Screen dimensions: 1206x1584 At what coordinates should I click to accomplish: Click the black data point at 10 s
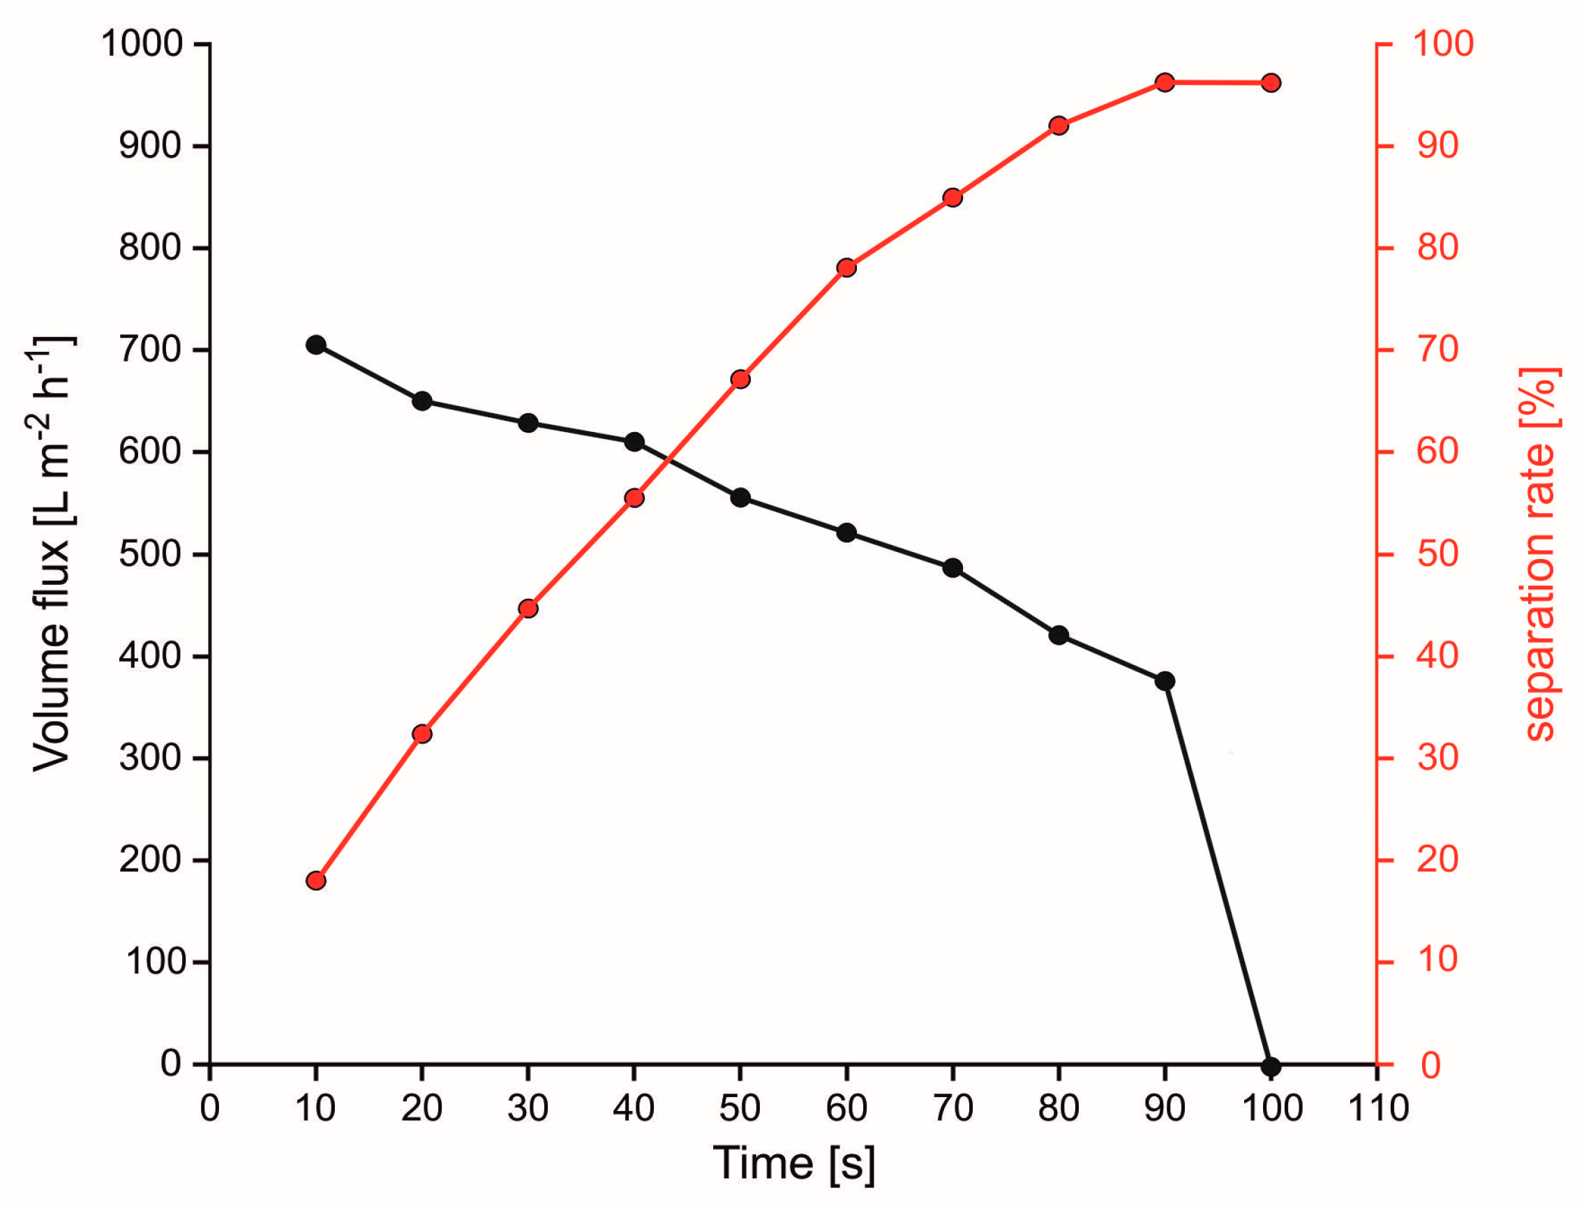click(316, 345)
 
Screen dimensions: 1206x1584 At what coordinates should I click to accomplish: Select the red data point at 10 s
click(316, 881)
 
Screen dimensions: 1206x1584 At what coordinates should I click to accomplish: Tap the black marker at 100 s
click(1271, 1066)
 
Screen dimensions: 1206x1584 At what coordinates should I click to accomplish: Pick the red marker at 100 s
click(1271, 83)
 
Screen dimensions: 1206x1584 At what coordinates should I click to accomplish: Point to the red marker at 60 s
click(846, 268)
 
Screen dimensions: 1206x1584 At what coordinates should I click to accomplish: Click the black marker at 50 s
click(740, 498)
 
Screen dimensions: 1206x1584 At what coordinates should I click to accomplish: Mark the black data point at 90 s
click(1165, 681)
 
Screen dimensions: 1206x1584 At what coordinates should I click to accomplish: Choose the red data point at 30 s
click(528, 609)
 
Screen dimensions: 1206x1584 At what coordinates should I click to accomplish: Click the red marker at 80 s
click(1059, 126)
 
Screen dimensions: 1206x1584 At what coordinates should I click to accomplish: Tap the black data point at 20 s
click(422, 401)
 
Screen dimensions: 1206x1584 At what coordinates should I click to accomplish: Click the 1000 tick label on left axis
click(142, 44)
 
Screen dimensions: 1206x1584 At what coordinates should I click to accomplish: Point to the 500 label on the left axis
click(151, 554)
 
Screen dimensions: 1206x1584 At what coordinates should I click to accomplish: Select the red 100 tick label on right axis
click(1443, 44)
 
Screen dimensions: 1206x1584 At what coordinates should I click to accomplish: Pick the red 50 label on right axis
click(1437, 554)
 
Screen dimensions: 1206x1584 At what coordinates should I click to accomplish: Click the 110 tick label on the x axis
click(1378, 1108)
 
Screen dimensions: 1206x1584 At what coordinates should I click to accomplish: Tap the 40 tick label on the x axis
click(634, 1108)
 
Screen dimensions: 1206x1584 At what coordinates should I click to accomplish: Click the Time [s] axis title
click(794, 1163)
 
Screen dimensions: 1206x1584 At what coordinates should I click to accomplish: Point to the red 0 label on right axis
click(1430, 1065)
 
